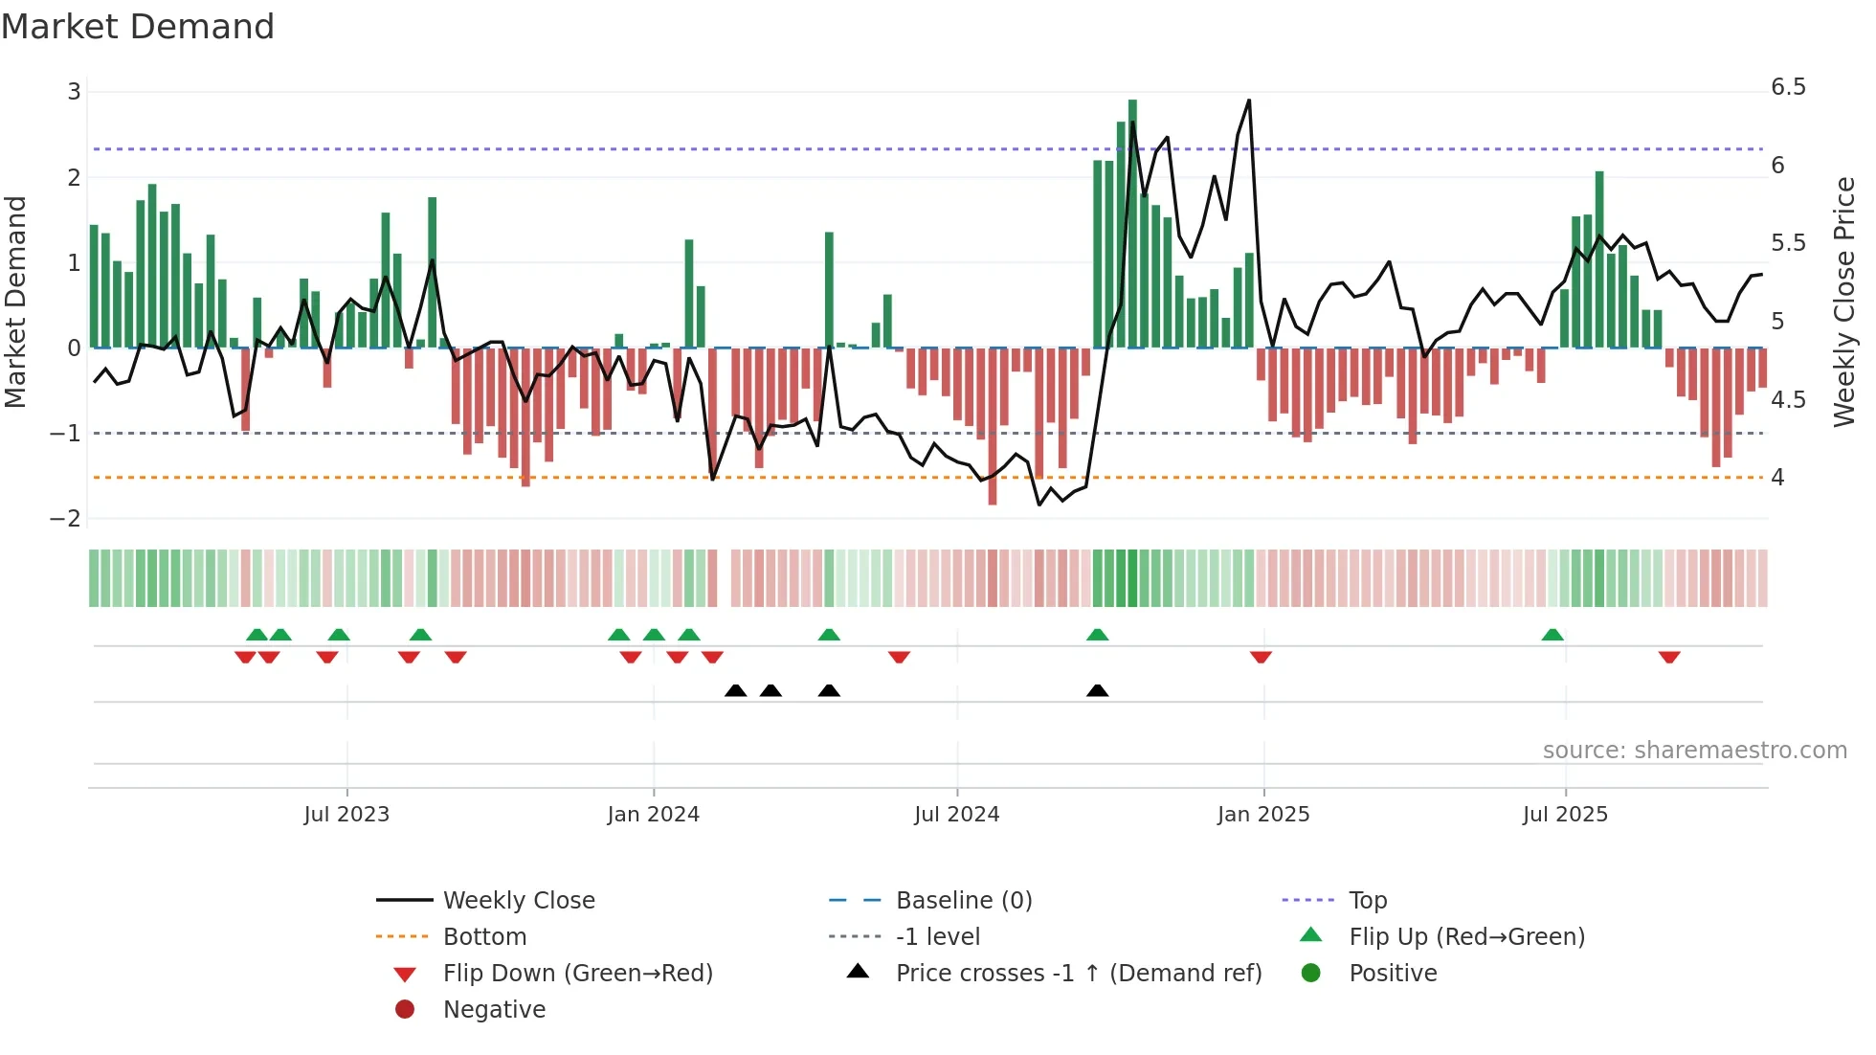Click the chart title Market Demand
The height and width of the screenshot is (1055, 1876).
tap(138, 27)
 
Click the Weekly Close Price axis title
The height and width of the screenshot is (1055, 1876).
tap(1844, 302)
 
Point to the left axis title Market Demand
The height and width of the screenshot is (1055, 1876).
tap(15, 302)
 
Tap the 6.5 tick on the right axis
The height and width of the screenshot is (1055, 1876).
tap(1787, 87)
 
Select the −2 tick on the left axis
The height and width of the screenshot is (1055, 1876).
tap(66, 518)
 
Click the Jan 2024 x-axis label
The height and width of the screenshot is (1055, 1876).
tap(653, 815)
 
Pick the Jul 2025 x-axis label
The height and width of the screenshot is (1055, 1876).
tap(1565, 815)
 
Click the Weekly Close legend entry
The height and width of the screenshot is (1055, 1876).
tap(519, 900)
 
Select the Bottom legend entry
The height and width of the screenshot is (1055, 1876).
tap(484, 936)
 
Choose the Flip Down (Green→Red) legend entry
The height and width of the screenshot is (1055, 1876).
tap(577, 973)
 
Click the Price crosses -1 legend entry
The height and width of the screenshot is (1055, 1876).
tap(1078, 973)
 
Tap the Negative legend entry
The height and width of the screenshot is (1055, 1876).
tap(494, 1009)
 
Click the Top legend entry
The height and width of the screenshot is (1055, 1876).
tap(1368, 900)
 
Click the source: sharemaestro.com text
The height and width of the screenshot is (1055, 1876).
tap(1694, 750)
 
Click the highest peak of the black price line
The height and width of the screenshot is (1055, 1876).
tap(1249, 101)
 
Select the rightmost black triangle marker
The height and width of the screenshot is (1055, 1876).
tap(1098, 690)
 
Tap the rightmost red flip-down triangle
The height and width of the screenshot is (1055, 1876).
tap(1669, 657)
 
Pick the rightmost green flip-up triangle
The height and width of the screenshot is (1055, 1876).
tap(1552, 635)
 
